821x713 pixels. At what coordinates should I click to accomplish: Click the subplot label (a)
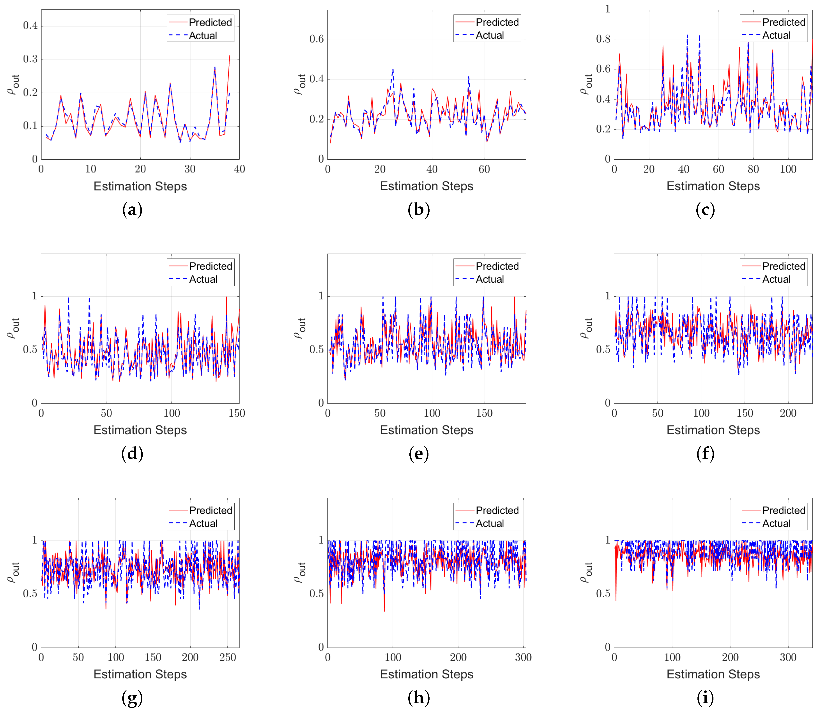pyautogui.click(x=132, y=210)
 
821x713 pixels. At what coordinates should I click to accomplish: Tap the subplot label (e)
pyautogui.click(x=418, y=454)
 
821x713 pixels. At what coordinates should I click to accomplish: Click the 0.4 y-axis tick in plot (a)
pyautogui.click(x=31, y=26)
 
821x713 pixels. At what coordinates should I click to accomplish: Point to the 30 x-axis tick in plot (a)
pyautogui.click(x=190, y=169)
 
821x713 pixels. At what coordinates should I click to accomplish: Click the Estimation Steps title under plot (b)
pyautogui.click(x=426, y=186)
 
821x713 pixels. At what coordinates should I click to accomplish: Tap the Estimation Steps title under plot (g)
pyautogui.click(x=140, y=674)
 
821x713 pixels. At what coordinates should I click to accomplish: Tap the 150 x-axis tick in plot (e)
pyautogui.click(x=484, y=413)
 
